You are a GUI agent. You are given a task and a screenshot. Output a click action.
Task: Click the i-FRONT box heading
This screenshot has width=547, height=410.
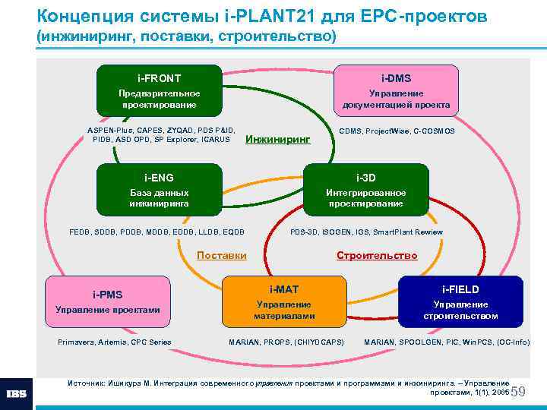(159, 77)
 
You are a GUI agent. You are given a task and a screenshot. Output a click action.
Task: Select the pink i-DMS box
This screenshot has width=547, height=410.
(396, 90)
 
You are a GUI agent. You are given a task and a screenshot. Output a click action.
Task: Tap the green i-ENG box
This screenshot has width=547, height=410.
(159, 190)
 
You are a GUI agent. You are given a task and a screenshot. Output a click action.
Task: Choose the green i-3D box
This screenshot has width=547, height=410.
(365, 190)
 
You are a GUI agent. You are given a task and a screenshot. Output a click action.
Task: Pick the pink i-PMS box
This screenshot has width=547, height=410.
(108, 301)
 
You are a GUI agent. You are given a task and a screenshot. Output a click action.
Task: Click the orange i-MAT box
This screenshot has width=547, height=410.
(284, 301)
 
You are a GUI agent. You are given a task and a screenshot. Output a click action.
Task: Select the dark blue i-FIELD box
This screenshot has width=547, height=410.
(460, 301)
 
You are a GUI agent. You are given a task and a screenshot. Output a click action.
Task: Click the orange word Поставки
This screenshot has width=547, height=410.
(221, 255)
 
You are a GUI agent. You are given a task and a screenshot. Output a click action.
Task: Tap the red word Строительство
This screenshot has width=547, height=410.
(377, 255)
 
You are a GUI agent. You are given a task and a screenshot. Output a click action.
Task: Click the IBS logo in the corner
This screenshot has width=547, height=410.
(17, 394)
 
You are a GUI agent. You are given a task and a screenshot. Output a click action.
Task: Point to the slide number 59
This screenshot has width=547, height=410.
(519, 392)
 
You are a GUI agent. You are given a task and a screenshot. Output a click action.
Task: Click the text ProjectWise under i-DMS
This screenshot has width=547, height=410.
(387, 131)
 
